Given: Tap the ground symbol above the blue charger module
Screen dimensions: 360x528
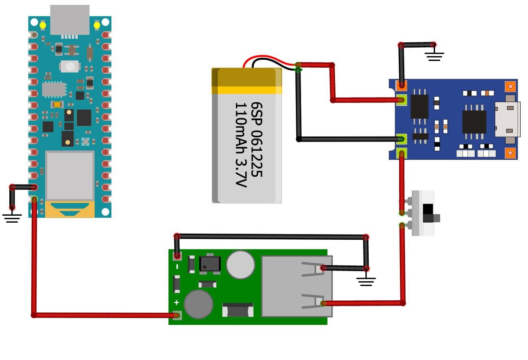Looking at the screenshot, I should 435,56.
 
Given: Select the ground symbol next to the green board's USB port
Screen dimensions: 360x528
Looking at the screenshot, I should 366,281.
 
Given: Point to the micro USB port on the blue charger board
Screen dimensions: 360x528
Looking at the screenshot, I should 507,119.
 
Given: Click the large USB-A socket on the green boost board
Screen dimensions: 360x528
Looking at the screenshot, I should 297,286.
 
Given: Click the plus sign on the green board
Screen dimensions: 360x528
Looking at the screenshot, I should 176,302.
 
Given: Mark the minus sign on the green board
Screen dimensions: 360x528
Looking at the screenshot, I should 177,267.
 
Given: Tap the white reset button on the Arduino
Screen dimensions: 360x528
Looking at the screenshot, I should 70,66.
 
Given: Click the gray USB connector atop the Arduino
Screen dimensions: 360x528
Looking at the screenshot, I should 70,20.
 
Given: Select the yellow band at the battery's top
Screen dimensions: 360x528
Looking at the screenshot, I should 247,90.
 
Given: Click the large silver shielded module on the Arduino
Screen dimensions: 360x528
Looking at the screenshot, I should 70,176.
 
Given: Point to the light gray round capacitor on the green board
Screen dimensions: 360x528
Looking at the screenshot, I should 240,265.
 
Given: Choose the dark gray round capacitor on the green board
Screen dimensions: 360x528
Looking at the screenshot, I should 198,304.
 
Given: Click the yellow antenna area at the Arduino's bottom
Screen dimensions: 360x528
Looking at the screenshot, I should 70,209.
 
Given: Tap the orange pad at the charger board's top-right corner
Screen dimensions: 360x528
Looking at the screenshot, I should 511,86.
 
